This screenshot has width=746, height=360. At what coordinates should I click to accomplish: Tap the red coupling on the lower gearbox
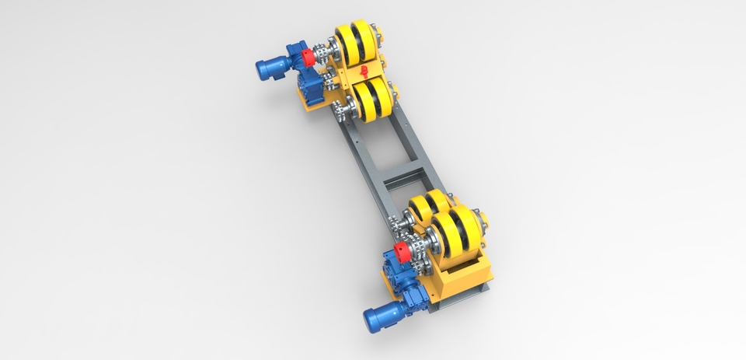tap(402, 252)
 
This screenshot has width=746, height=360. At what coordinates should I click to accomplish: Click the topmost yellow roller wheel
tap(357, 44)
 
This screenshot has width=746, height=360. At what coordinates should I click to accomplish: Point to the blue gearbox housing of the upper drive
tap(300, 74)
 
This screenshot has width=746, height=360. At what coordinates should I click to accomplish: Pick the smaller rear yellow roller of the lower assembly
tap(427, 207)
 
